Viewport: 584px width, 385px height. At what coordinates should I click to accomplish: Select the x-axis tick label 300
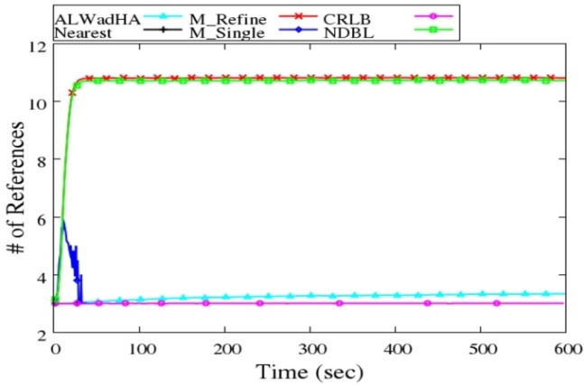pos(311,348)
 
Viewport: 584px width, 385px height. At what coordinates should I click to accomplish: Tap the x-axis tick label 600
pos(565,348)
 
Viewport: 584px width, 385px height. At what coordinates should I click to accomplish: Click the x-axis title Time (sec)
pos(310,371)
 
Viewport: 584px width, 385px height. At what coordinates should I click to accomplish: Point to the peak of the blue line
pos(63,219)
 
